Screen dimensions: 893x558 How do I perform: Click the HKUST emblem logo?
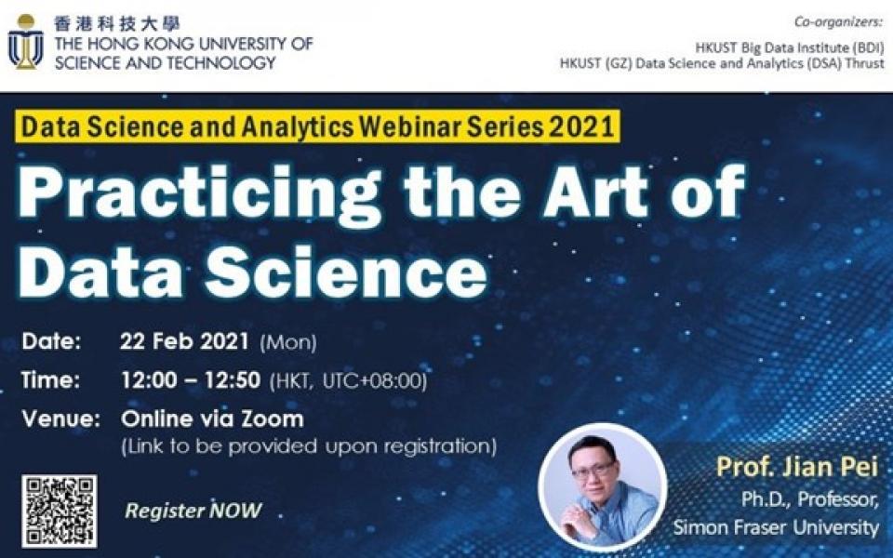(x=26, y=42)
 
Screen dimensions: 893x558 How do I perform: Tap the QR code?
(x=60, y=511)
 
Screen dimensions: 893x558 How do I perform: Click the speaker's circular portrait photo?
(x=603, y=487)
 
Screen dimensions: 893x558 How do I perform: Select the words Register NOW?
(x=193, y=511)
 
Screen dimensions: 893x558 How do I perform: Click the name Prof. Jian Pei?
(x=797, y=467)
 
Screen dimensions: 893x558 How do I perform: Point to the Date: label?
(x=51, y=341)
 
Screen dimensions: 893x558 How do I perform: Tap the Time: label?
(x=50, y=379)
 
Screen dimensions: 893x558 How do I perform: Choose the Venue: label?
(x=61, y=419)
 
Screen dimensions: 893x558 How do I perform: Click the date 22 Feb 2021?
(x=184, y=341)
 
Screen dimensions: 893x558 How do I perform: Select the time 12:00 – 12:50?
(x=191, y=379)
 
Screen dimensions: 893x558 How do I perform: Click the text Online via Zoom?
(x=212, y=419)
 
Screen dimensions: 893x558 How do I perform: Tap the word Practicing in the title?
(x=199, y=193)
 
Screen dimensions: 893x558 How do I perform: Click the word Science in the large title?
(x=346, y=272)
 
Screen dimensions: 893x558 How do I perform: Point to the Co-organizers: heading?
(x=838, y=21)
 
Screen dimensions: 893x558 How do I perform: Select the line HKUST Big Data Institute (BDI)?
(x=790, y=47)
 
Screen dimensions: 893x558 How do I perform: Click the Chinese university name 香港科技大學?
(x=117, y=23)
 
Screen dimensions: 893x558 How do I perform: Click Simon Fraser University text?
(x=776, y=527)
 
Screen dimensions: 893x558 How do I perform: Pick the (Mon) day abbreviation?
(x=288, y=343)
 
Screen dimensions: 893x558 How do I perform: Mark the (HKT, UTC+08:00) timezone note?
(x=348, y=381)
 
